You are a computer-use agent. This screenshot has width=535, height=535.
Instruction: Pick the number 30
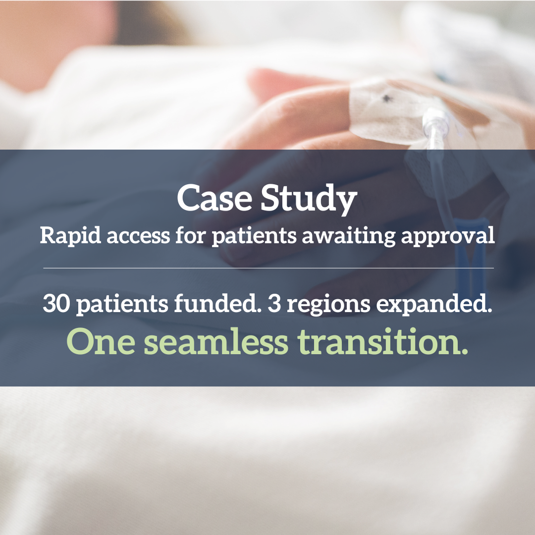56,304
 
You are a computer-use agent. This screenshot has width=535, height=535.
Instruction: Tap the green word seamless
216,341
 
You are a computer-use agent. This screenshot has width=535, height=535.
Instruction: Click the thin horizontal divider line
268,268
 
